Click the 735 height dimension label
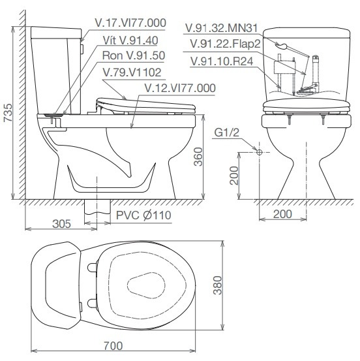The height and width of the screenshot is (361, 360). (8, 112)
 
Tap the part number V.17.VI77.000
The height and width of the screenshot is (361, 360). (130, 23)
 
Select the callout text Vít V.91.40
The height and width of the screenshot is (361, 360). (130, 40)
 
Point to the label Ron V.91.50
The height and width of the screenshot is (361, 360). (134, 55)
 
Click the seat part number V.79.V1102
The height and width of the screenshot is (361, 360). (132, 72)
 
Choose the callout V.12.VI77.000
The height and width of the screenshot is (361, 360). (180, 88)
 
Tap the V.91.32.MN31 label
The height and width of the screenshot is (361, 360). (222, 28)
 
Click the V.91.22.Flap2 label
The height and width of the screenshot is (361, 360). (225, 44)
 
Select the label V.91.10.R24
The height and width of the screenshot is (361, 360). (222, 61)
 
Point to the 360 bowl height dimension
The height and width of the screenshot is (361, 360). (198, 157)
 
